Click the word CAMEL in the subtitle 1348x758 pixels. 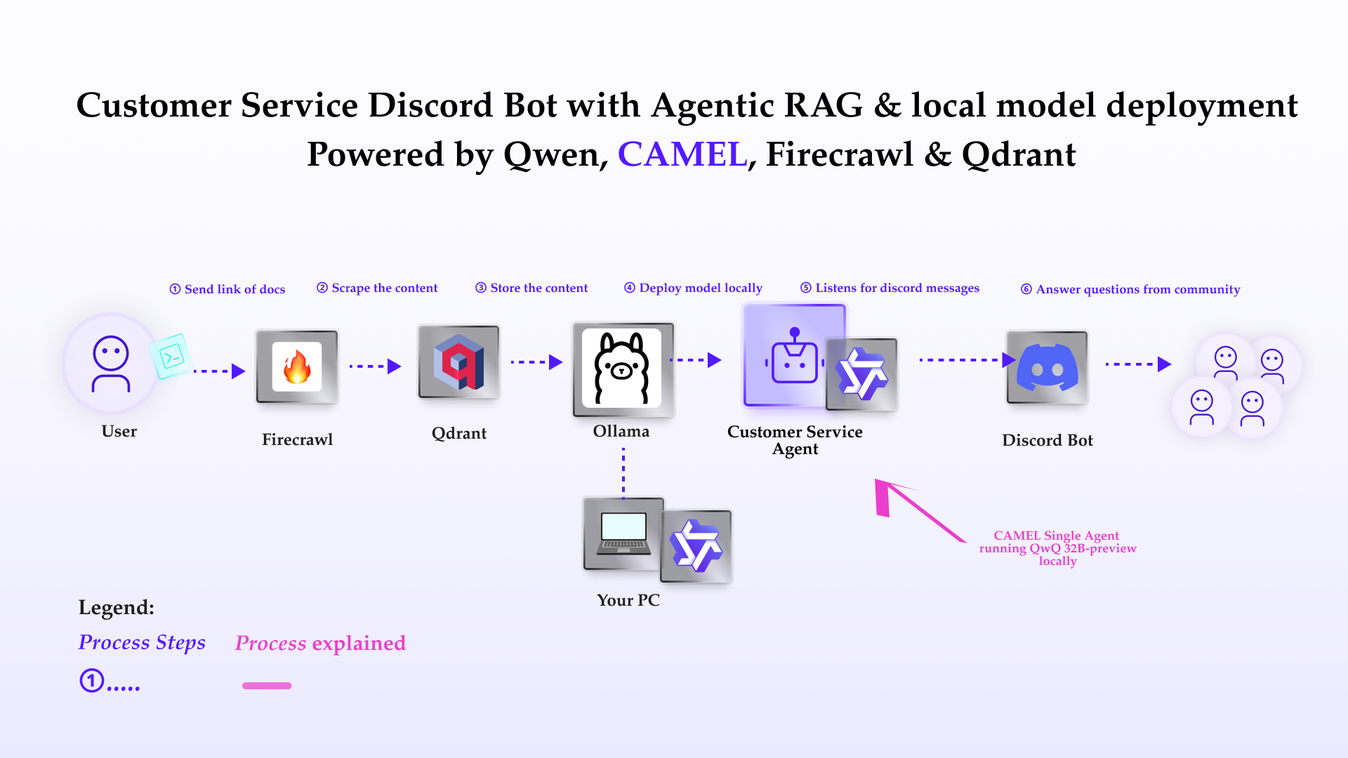click(682, 154)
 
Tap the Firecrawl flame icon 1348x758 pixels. click(297, 367)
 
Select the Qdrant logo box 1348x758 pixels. click(459, 361)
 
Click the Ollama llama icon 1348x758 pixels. click(622, 368)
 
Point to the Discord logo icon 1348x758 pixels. click(1048, 367)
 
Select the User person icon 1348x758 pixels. click(111, 364)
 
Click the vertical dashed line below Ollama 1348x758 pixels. click(623, 473)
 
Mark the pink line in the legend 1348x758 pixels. click(267, 686)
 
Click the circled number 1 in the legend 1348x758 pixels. click(92, 681)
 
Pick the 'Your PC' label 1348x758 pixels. click(628, 600)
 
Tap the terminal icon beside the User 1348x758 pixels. click(171, 357)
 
